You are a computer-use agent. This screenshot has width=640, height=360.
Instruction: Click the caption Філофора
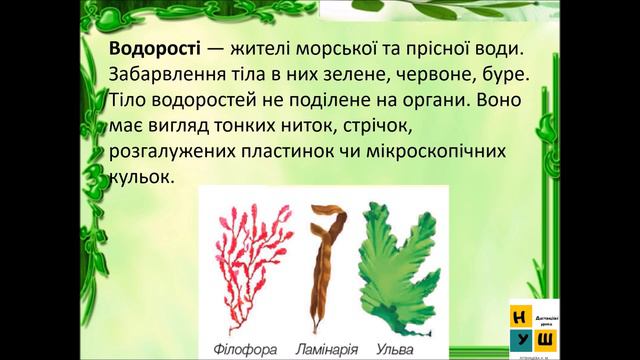246,350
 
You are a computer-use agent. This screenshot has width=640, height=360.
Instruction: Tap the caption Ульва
388,350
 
